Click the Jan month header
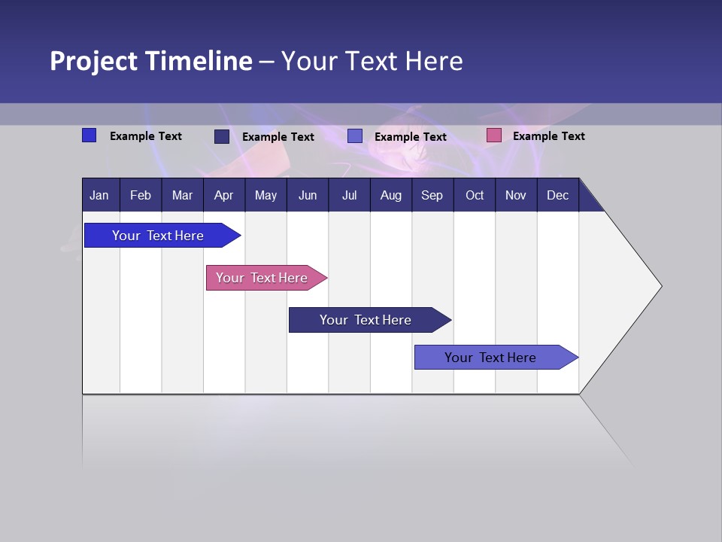(x=99, y=195)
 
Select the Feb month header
(x=141, y=195)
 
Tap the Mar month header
(x=182, y=195)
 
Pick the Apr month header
(x=223, y=195)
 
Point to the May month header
(x=265, y=195)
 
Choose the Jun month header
(x=308, y=195)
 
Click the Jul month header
(x=349, y=195)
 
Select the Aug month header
(x=391, y=195)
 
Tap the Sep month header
(x=432, y=195)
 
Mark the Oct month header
(x=475, y=195)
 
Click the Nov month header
(x=516, y=195)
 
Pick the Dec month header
(x=557, y=195)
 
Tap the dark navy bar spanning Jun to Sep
(x=366, y=320)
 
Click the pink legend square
(x=493, y=135)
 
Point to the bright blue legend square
(x=89, y=135)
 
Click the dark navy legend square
(x=221, y=136)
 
